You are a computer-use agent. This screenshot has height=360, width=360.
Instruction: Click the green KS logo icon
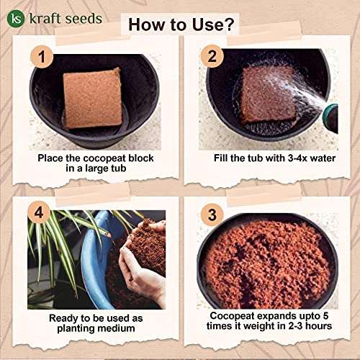[17, 17]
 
